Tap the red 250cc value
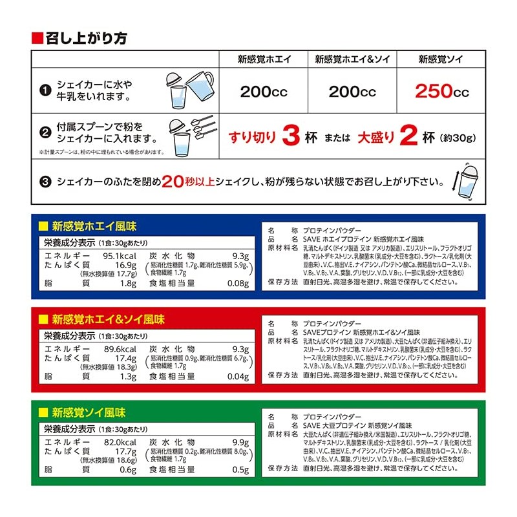point(442,91)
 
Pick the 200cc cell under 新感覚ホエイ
point(264,91)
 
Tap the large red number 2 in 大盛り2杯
point(408,136)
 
